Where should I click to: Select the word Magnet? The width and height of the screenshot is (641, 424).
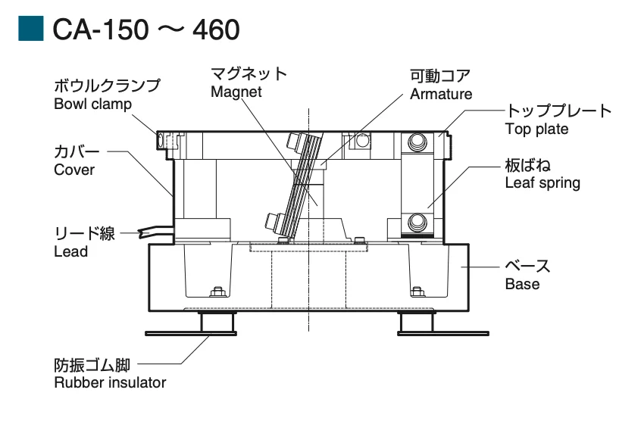click(237, 92)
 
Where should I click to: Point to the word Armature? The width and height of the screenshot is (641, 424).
click(441, 94)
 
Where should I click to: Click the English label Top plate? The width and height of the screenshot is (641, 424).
click(536, 129)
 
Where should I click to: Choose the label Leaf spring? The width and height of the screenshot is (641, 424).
click(543, 182)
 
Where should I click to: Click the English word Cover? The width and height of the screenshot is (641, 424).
click(74, 170)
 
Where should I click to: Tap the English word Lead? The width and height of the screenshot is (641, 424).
click(71, 251)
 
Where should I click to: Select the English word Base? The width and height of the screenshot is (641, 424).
click(522, 285)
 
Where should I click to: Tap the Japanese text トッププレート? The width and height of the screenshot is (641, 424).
click(558, 111)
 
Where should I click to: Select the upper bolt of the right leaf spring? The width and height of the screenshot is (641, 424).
click(417, 141)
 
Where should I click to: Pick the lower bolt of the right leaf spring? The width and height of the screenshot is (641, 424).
click(417, 223)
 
